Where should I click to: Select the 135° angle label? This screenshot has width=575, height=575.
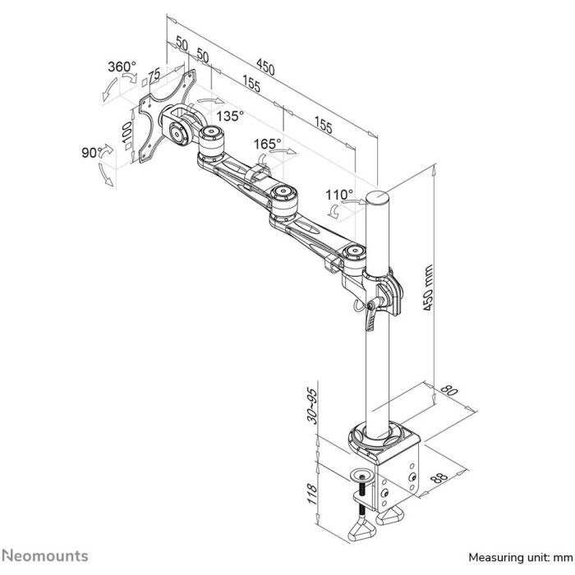click(230, 117)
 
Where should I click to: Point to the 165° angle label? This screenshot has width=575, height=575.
click(265, 144)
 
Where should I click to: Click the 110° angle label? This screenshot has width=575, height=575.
click(339, 195)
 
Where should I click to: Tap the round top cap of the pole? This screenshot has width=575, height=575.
click(377, 197)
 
